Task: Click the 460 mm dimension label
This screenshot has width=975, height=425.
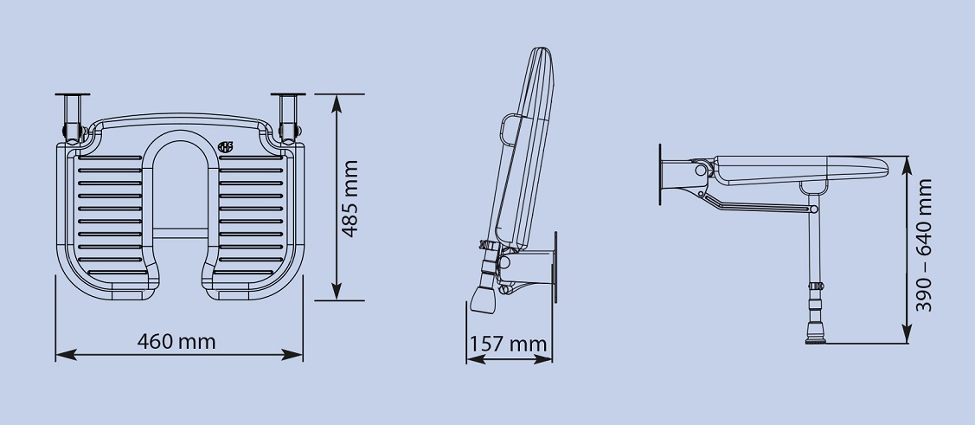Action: tap(176, 341)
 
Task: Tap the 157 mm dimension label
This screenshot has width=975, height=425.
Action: tap(508, 345)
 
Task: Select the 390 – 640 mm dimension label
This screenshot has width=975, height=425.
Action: tap(924, 246)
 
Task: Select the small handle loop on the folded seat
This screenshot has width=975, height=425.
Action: tap(504, 129)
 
